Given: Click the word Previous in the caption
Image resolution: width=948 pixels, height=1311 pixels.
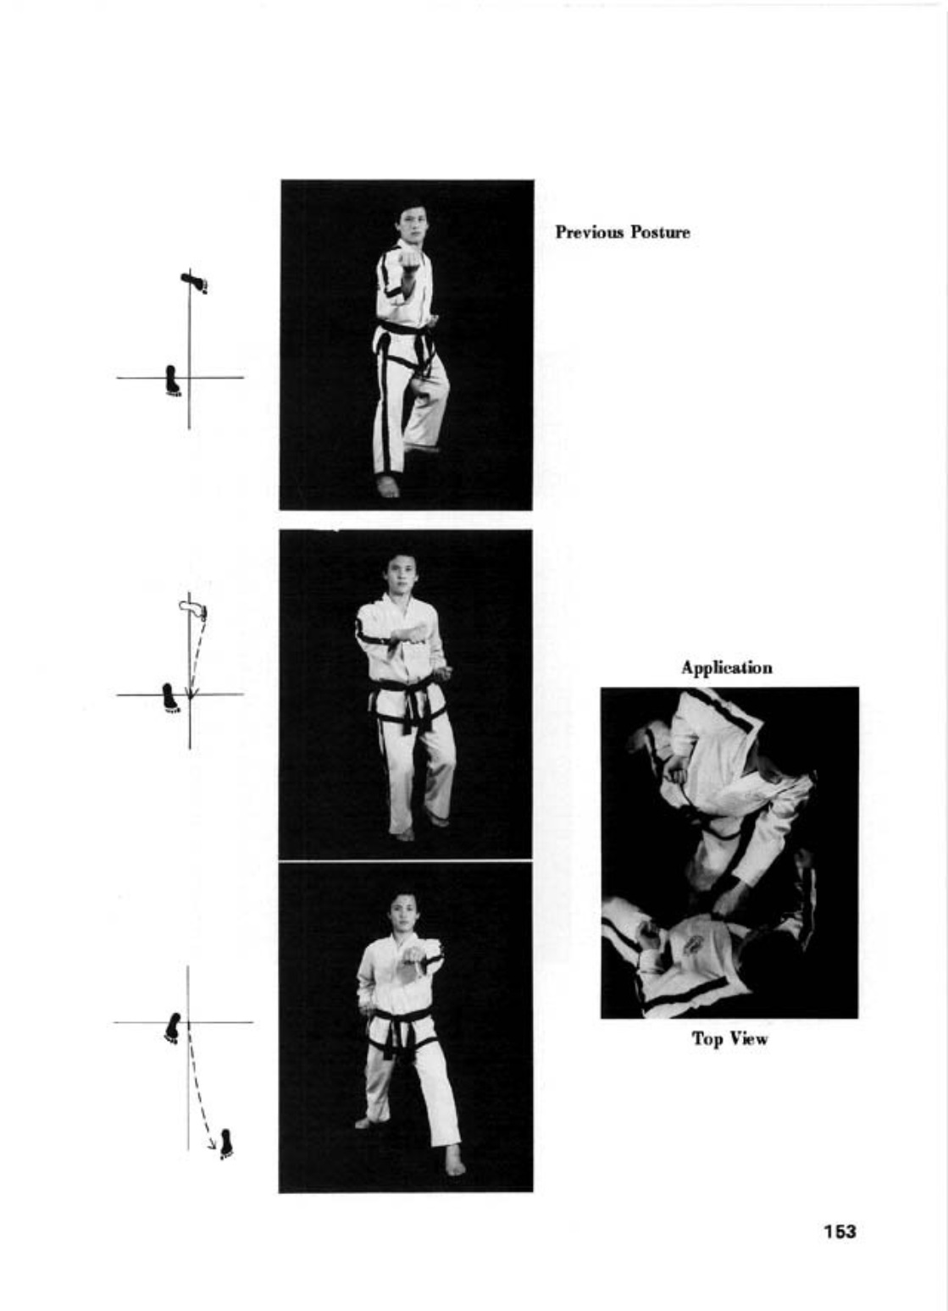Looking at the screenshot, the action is tap(590, 232).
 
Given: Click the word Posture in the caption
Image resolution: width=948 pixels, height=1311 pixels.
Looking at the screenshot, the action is tap(661, 232).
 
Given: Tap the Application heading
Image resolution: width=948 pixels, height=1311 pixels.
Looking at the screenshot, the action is tap(727, 668).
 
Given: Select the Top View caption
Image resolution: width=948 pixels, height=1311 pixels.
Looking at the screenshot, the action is tap(729, 1039).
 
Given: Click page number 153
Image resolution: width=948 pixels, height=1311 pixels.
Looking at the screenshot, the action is tap(840, 1231).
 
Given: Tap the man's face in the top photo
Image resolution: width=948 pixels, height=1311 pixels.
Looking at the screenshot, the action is tap(412, 221).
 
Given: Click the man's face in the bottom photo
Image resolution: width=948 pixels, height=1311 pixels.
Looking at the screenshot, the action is tap(404, 914).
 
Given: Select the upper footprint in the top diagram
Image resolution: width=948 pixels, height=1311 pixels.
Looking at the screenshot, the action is tap(194, 282).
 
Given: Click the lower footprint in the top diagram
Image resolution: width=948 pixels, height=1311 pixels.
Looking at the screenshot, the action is tap(173, 381).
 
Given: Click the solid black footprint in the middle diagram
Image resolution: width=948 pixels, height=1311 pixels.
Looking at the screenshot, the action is tap(171, 698).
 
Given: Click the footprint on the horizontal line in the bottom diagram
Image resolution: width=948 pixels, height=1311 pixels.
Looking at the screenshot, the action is tap(173, 1028).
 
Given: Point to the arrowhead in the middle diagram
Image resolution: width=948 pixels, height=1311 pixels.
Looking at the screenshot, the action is tap(191, 691).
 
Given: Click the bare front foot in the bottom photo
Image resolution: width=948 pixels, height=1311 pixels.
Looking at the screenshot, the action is tap(455, 1159).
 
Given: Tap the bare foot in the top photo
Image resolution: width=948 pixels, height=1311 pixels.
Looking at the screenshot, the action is tap(387, 486).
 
